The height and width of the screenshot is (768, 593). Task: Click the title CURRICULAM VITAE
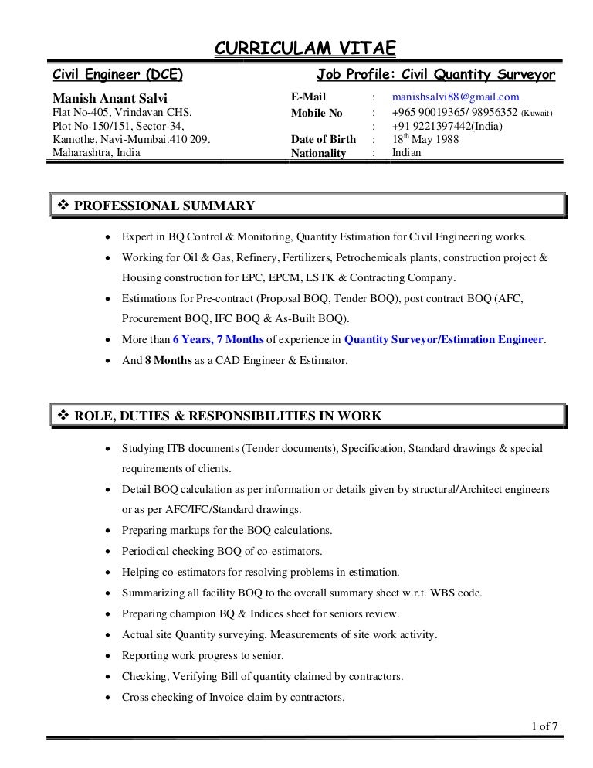tap(304, 50)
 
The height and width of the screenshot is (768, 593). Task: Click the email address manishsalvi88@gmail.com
tap(456, 97)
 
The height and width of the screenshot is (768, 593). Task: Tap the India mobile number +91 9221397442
tap(448, 126)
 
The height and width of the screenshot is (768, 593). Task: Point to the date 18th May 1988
tap(425, 139)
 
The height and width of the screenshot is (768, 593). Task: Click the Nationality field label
tap(318, 153)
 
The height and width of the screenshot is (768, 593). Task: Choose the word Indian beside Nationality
tap(407, 153)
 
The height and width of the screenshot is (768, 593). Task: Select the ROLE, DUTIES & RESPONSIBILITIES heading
tap(227, 416)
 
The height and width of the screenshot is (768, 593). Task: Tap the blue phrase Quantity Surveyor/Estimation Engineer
tap(444, 339)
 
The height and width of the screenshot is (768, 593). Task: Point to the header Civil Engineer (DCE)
tap(117, 75)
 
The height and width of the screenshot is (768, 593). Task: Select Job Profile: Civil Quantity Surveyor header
tap(435, 75)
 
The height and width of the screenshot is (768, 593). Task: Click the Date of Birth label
tap(323, 139)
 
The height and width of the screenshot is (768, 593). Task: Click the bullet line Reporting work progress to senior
tap(202, 656)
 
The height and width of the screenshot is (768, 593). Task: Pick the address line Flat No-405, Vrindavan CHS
tap(120, 112)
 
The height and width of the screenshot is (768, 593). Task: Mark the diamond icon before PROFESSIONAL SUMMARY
tap(63, 206)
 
